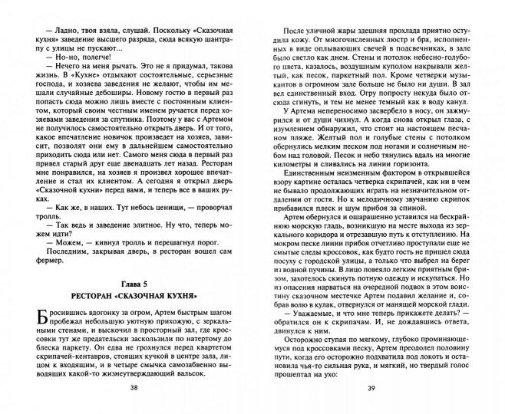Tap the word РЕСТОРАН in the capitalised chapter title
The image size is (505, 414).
click(x=96, y=294)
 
